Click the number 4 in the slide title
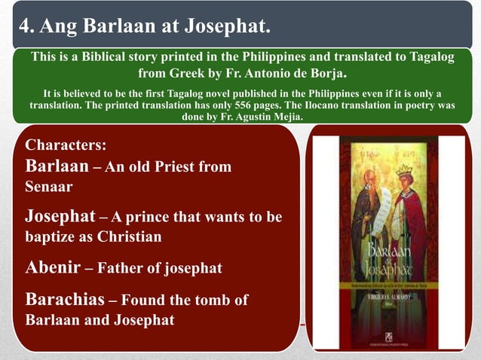pyautogui.click(x=24, y=29)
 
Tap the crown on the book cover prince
pyautogui.click(x=404, y=170)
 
